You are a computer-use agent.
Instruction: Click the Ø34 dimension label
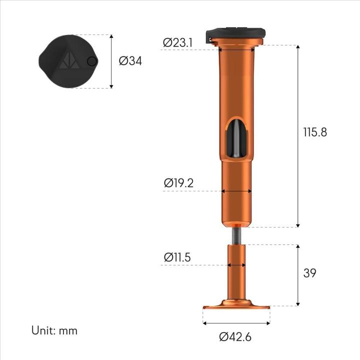pyautogui.click(x=130, y=61)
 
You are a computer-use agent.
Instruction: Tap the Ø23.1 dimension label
pyautogui.click(x=178, y=43)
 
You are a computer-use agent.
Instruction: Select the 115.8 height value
pyautogui.click(x=315, y=132)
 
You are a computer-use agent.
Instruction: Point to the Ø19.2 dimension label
pyautogui.click(x=178, y=183)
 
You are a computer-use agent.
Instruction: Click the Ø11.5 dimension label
pyautogui.click(x=178, y=257)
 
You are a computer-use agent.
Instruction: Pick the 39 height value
pyautogui.click(x=310, y=273)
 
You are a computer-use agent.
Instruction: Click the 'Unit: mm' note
pyautogui.click(x=54, y=330)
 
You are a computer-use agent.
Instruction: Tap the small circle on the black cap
pyautogui.click(x=91, y=61)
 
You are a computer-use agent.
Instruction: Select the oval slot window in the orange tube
pyautogui.click(x=236, y=137)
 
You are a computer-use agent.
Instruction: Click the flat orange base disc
pyautogui.click(x=236, y=304)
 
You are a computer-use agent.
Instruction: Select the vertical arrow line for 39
pyautogui.click(x=298, y=275)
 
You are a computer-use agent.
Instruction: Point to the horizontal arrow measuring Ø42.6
pyautogui.click(x=236, y=323)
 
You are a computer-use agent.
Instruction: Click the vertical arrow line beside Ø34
pyautogui.click(x=111, y=61)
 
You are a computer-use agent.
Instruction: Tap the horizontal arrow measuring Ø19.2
pyautogui.click(x=236, y=190)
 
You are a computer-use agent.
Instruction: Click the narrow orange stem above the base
pyautogui.click(x=236, y=272)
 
